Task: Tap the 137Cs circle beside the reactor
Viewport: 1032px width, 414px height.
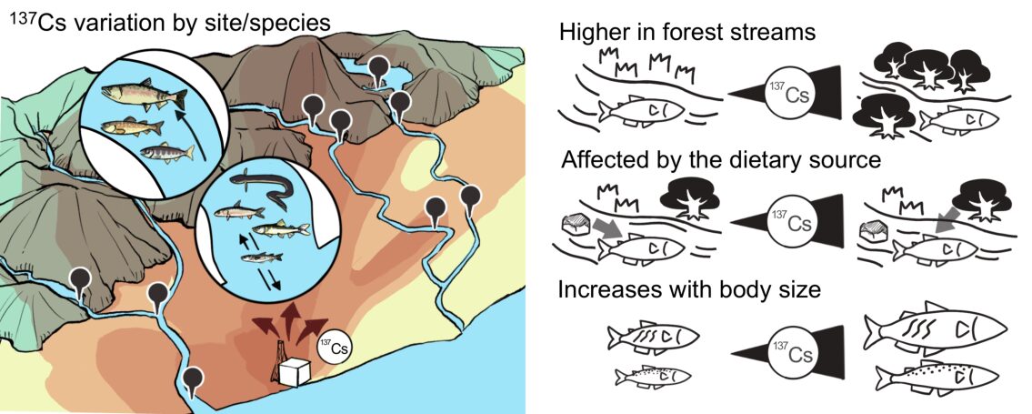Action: (335, 347)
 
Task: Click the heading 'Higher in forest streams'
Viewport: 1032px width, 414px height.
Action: (686, 33)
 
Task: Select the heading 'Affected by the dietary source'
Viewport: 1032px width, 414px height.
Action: (721, 161)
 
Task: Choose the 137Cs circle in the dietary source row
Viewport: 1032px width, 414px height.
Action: (788, 222)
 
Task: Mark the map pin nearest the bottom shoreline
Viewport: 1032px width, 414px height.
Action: (193, 379)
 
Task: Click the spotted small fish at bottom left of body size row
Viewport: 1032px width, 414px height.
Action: (653, 375)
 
